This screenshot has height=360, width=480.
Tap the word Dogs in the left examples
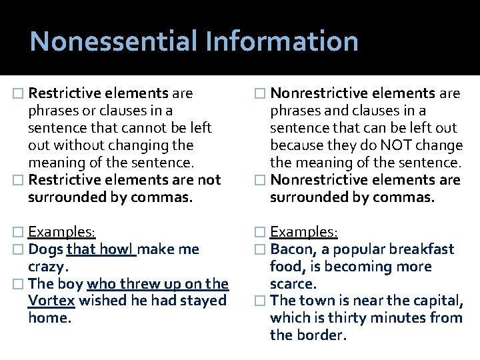tap(46, 249)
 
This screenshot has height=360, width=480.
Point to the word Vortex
tap(51, 301)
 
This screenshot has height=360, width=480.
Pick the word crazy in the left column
tap(47, 267)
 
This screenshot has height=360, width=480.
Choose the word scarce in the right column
tap(293, 284)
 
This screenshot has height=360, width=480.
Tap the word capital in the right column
tap(436, 301)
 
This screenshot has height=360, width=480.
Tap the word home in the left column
tap(47, 319)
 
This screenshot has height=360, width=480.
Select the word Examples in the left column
tap(61, 232)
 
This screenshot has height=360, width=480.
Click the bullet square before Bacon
tap(262, 250)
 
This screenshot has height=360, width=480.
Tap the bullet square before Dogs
tap(21, 250)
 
